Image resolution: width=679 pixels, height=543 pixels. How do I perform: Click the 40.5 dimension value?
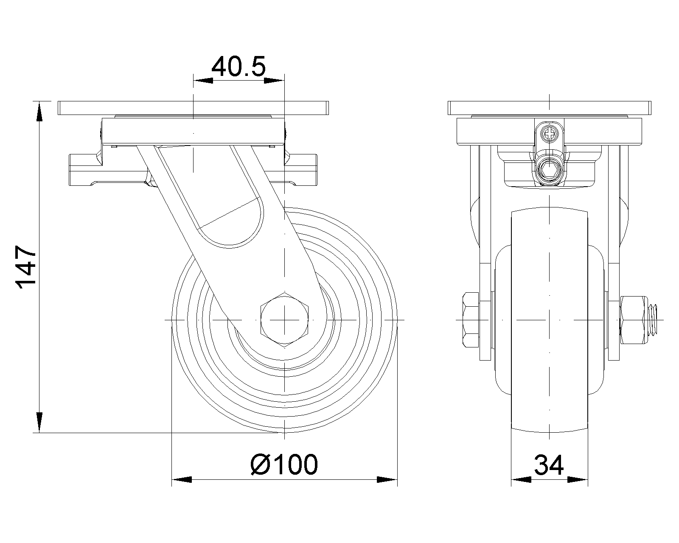click(238, 67)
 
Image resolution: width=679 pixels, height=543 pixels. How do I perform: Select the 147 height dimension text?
click(26, 267)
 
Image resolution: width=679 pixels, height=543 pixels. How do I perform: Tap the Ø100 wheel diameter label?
click(284, 465)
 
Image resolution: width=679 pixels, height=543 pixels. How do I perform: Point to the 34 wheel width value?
click(549, 465)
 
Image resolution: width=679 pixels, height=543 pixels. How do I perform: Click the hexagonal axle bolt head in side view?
click(284, 320)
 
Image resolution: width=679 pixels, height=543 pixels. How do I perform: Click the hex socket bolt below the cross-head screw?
click(549, 171)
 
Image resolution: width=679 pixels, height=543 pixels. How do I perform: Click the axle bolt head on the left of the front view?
click(471, 320)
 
